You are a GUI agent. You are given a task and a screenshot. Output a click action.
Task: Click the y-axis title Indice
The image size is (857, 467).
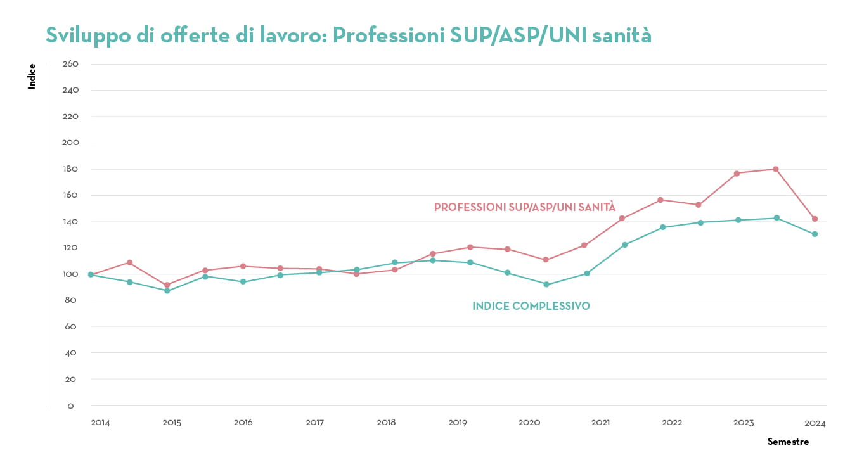pos(32,76)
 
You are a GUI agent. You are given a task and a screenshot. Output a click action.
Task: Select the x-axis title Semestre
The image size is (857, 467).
pos(788,442)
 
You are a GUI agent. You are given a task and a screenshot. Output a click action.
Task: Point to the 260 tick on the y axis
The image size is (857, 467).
pos(70,64)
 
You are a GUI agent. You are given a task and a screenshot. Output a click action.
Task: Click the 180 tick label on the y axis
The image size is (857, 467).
pos(70,169)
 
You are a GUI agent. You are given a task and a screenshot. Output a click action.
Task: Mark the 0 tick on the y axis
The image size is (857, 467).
pos(70,406)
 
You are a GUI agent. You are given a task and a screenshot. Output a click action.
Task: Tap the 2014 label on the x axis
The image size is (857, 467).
pos(100,423)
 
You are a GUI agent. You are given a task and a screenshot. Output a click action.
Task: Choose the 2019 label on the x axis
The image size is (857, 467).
pos(458,423)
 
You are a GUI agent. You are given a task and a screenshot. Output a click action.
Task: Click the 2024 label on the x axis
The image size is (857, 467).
pos(815,423)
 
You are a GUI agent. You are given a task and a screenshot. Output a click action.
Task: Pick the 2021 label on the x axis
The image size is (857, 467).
pos(601,423)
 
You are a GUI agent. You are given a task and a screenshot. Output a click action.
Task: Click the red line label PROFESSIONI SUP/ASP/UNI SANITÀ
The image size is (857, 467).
pos(525,207)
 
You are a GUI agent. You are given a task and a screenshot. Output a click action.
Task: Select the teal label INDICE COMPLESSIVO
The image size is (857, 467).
pos(531,307)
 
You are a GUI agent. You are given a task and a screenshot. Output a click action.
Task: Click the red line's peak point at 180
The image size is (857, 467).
pos(776,169)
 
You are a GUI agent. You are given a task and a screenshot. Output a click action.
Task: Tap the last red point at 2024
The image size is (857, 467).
pos(815,219)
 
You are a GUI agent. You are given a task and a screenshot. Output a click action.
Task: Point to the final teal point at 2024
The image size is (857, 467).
pos(815,234)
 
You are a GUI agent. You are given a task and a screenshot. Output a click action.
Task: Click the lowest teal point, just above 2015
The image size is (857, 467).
pos(167,291)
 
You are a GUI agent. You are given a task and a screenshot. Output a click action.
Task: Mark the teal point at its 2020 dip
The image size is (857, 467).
pos(546,285)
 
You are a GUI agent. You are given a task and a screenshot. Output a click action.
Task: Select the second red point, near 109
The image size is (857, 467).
pos(129,262)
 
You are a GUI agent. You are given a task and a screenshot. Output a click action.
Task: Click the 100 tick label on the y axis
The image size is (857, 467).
pos(70,274)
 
